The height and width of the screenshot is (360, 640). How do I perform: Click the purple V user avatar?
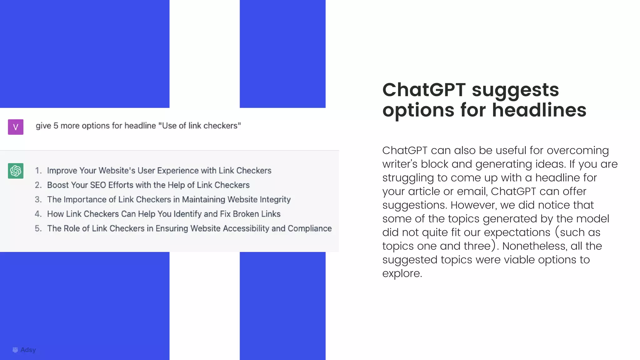(x=16, y=127)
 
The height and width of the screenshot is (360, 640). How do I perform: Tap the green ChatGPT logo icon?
(x=16, y=171)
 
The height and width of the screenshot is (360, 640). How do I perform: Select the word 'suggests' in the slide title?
(x=515, y=90)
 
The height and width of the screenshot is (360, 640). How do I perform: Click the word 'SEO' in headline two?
(x=98, y=185)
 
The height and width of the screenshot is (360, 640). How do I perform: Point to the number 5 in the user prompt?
(x=56, y=126)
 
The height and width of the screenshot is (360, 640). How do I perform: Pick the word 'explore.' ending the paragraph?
(x=402, y=273)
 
